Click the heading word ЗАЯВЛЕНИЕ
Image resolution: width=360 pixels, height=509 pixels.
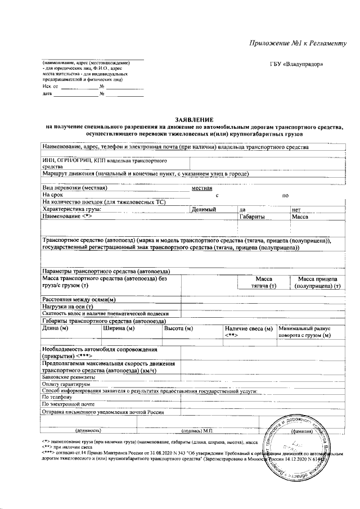[x=194, y=120]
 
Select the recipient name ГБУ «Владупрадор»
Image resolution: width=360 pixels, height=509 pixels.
[x=296, y=64]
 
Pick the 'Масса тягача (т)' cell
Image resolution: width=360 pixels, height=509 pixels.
[x=264, y=282]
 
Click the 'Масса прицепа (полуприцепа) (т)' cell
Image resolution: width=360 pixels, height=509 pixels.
[x=317, y=282]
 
